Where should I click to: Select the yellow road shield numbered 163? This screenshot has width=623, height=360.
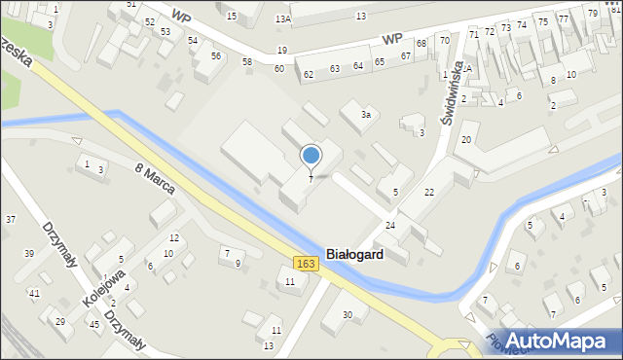point(306,264)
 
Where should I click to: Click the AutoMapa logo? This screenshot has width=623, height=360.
point(560,341)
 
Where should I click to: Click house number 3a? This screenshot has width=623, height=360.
point(366,115)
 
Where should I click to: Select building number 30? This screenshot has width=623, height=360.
point(348,314)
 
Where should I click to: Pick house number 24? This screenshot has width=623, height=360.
point(390,226)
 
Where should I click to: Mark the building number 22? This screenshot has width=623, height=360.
point(429,193)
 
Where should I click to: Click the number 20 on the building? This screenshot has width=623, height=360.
point(466,140)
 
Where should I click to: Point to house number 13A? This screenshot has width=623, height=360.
point(282,18)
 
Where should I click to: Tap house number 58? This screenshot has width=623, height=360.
point(247,61)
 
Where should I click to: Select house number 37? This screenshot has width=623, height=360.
point(11,219)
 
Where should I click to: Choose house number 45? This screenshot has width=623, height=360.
point(93,324)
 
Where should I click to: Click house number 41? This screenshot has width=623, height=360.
point(34,293)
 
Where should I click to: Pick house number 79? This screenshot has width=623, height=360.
point(593,13)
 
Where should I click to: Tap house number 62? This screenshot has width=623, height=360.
point(309,74)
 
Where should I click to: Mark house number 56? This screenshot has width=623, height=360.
point(215,55)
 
